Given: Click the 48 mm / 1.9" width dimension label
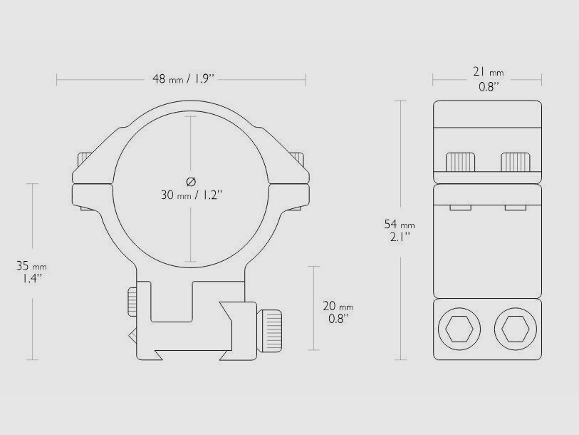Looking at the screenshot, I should (182, 78).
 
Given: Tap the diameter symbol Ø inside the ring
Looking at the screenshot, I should (191, 180).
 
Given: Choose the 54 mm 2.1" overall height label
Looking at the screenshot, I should (399, 231).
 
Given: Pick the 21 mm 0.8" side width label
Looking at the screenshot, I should (488, 79).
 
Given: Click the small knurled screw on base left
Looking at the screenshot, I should (133, 302).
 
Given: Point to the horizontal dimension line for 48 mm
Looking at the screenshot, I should (107, 78).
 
